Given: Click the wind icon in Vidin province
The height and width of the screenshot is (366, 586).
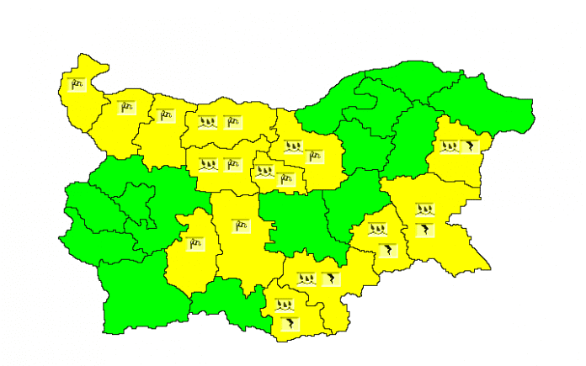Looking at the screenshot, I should coord(77,84).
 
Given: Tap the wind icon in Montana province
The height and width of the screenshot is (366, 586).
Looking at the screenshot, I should coord(126,107).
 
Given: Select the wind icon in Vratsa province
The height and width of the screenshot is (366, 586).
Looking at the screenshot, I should coord(165,115).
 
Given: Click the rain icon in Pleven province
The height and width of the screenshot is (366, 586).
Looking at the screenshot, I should coord(208,123).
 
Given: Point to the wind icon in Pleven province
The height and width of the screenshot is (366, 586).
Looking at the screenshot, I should coord(232,123).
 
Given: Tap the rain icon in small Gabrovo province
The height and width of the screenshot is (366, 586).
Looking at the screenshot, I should coord(265,172).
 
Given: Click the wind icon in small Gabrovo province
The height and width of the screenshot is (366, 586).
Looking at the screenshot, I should coord(286,178).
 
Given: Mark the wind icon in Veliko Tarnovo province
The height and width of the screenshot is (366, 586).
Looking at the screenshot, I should coord(314,156).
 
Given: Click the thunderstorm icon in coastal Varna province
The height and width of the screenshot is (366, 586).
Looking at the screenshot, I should coord(473,147).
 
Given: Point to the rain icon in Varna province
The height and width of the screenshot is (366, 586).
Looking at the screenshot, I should coord(450,147).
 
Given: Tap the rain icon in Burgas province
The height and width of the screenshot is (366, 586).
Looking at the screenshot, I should coord(425,210).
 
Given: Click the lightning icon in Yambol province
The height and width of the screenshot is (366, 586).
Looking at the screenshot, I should coord(387,248).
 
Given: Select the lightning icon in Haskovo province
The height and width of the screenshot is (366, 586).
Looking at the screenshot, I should coord(331,278).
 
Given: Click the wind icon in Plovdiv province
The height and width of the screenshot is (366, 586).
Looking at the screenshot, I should coord(242,225).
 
